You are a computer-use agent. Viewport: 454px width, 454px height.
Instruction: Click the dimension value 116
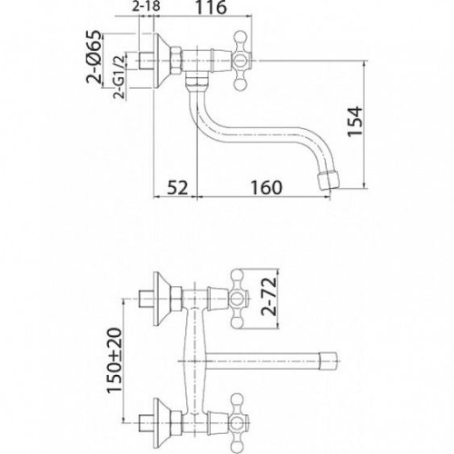click(212, 7)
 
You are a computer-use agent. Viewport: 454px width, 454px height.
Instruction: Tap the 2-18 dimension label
click(146, 6)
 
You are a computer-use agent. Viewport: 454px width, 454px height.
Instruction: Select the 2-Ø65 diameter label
click(94, 56)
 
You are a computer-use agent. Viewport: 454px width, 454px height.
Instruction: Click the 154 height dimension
click(355, 122)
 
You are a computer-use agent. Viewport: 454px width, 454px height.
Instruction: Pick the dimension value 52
click(178, 188)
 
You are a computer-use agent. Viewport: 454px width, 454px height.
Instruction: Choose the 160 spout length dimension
click(266, 188)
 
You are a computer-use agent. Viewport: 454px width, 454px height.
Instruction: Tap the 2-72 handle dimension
click(269, 297)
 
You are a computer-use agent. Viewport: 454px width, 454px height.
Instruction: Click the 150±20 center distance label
click(114, 360)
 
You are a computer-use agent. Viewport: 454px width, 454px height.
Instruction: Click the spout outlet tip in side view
click(329, 181)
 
